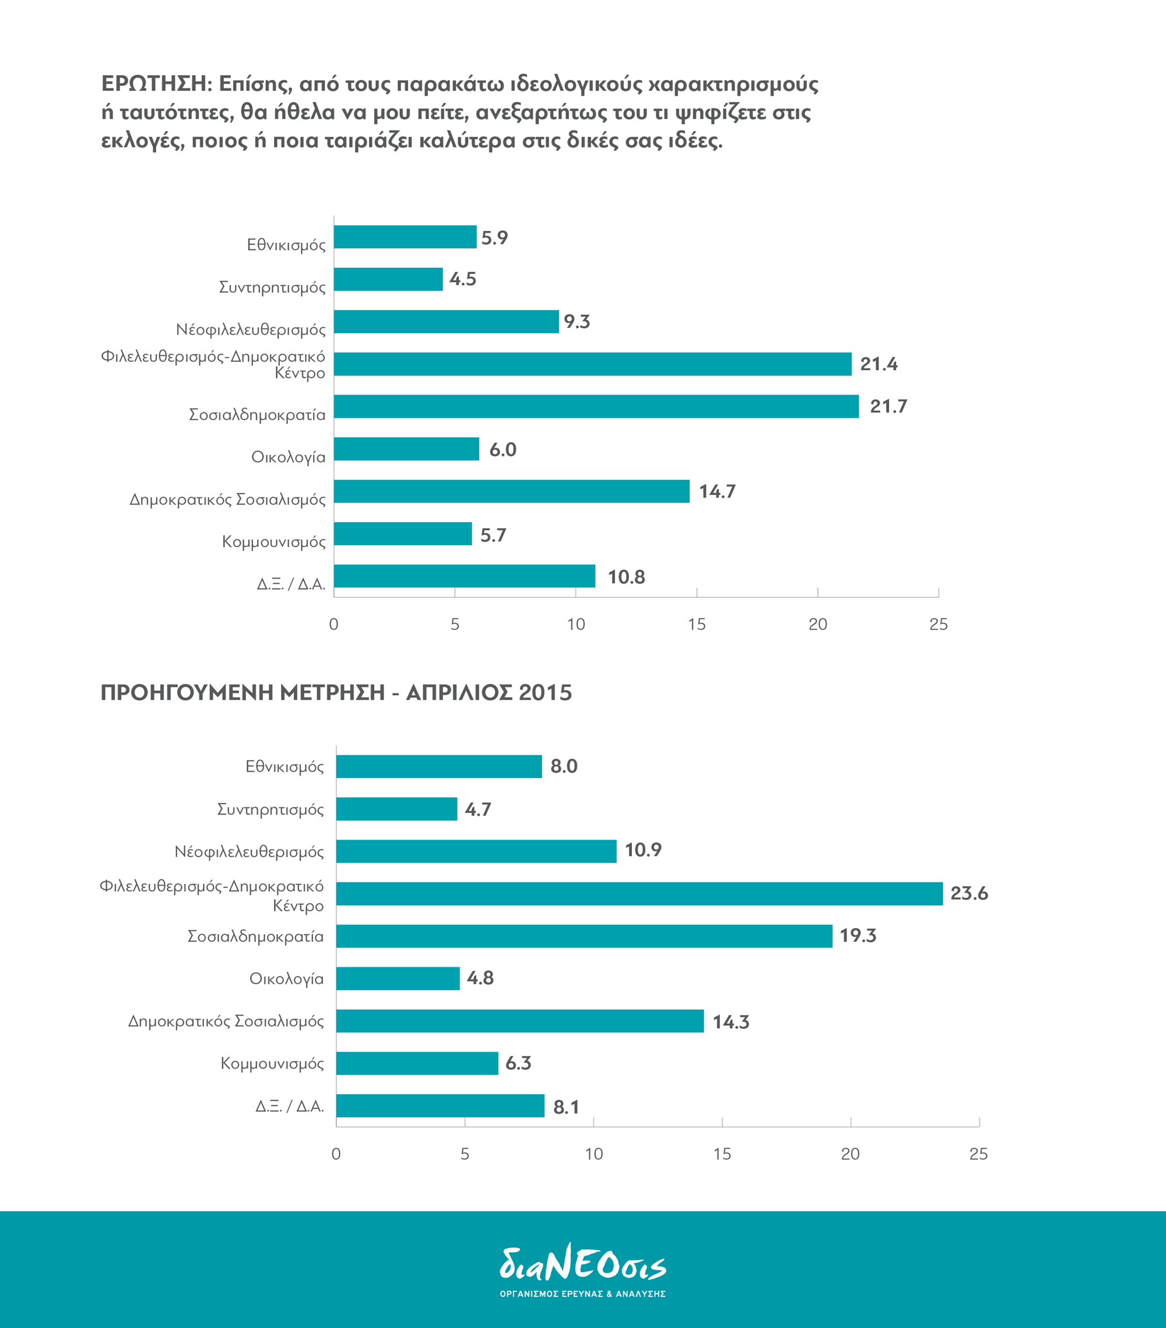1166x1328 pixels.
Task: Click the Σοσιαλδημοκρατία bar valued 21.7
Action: pos(596,406)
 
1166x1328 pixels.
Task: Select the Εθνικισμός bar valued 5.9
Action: pos(405,236)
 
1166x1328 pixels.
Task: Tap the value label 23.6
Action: pos(969,893)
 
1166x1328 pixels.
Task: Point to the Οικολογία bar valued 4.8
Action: pos(398,978)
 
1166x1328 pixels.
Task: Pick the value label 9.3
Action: pos(577,321)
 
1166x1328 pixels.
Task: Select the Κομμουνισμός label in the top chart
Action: pos(273,542)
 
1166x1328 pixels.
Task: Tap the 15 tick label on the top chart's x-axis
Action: pos(696,625)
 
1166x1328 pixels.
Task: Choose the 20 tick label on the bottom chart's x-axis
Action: pos(850,1154)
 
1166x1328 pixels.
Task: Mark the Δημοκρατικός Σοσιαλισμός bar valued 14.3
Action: pos(520,1021)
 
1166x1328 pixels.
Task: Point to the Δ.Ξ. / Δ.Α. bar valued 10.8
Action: pos(465,576)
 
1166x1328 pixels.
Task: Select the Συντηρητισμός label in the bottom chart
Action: pos(271,810)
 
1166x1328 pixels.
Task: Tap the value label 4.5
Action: pos(462,279)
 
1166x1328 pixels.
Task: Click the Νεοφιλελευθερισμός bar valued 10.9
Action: pos(476,851)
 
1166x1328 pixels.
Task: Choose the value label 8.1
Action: pos(566,1107)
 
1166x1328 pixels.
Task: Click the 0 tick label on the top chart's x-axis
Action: pos(334,625)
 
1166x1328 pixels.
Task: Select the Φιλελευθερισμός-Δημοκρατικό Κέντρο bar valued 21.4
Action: pos(592,364)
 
